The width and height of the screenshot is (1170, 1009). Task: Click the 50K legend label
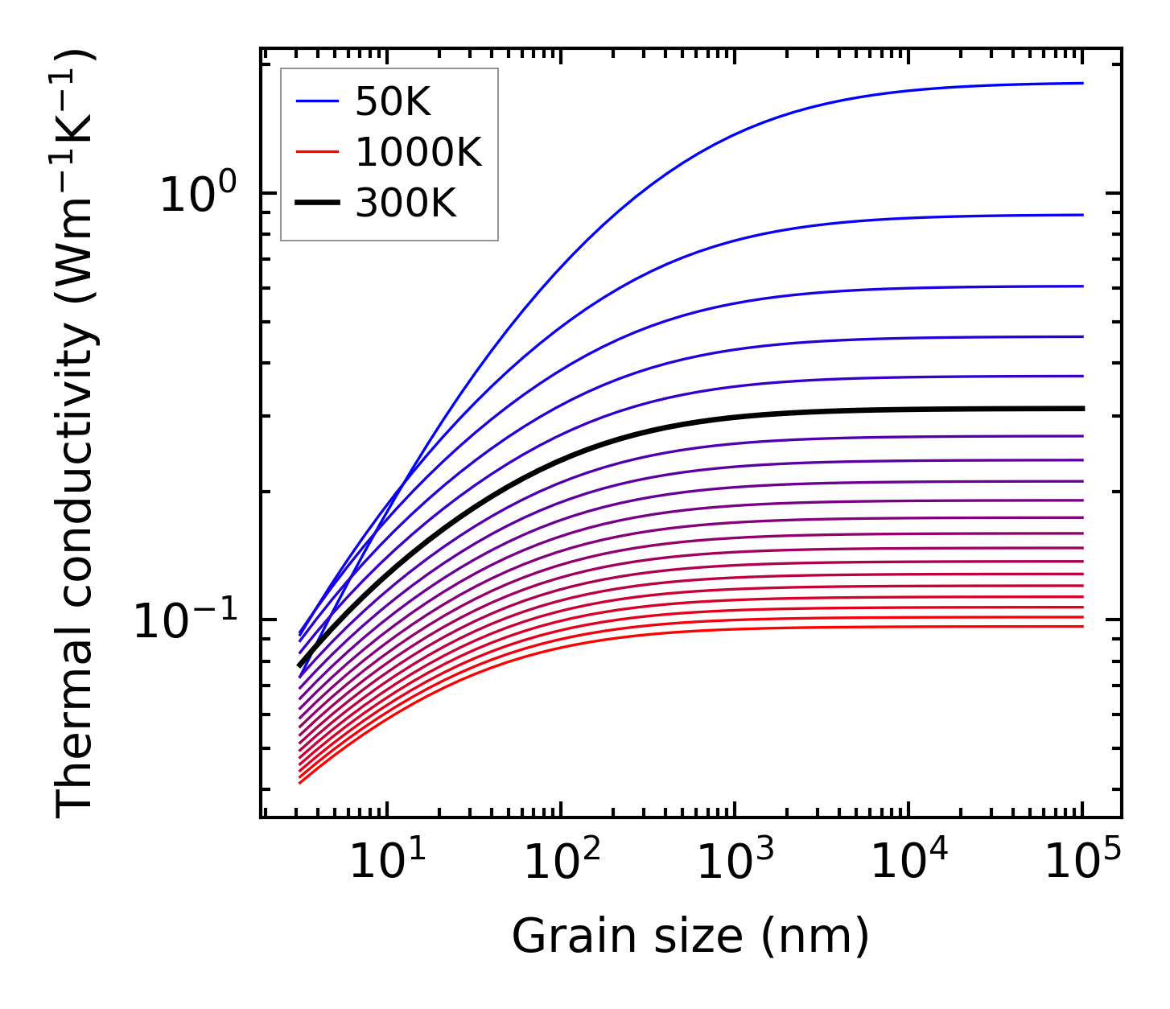[x=393, y=102]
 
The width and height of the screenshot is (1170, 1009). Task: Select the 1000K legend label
[x=418, y=152]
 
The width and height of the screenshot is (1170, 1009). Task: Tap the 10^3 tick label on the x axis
[x=735, y=863]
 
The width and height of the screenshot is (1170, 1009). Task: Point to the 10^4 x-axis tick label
[x=908, y=863]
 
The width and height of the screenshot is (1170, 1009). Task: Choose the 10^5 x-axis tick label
[x=1082, y=863]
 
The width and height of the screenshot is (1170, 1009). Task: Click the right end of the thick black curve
[x=1083, y=409]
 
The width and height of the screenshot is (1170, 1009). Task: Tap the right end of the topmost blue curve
[x=1083, y=83]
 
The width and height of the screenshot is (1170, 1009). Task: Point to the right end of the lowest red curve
[x=1083, y=626]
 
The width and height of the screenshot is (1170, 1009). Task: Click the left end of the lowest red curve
[x=299, y=783]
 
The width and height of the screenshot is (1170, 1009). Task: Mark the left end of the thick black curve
[x=299, y=666]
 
